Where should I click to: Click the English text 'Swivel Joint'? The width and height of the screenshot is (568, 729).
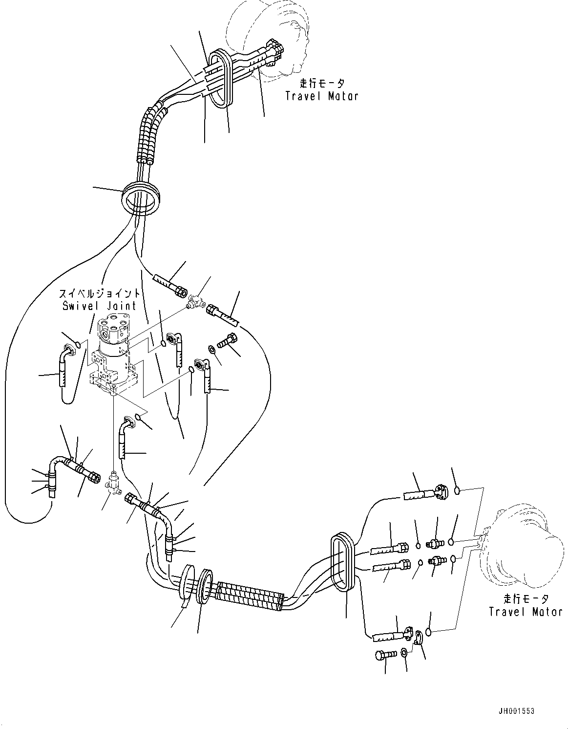(x=100, y=306)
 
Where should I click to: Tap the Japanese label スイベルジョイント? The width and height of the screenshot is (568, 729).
(x=100, y=294)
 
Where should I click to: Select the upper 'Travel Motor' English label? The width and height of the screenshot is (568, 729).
(x=321, y=96)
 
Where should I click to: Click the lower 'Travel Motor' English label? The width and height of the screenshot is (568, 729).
(x=526, y=612)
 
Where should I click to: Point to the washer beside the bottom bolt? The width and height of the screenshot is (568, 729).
(x=404, y=653)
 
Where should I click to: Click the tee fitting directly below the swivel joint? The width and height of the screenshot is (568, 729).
(x=113, y=482)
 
